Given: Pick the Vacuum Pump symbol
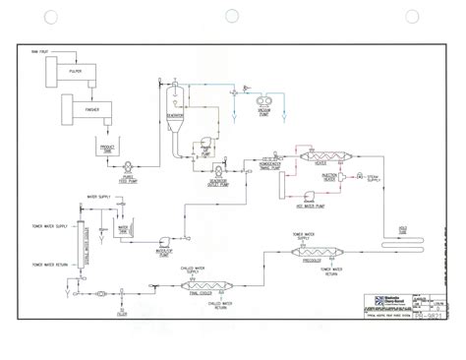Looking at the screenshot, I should (263, 98).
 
